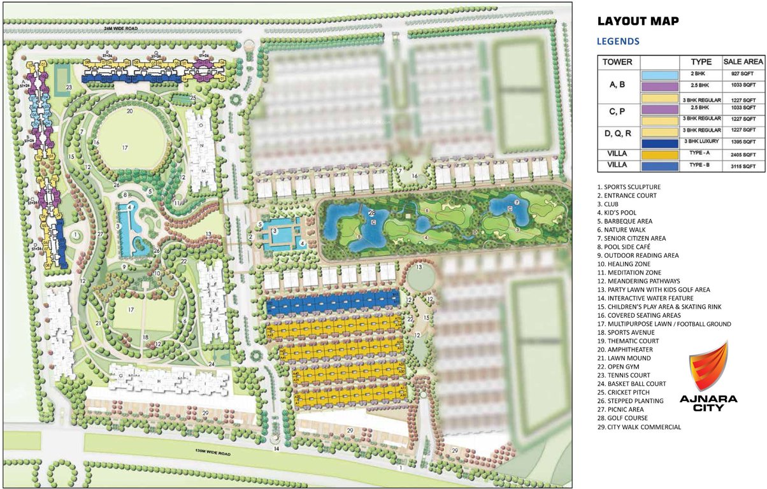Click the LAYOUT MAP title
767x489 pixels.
coord(638,21)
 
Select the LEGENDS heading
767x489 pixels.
coord(618,41)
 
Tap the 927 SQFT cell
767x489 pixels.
coord(743,74)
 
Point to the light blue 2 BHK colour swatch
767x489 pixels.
coord(660,74)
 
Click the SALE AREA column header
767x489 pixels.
coord(743,62)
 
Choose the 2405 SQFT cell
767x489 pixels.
coord(743,154)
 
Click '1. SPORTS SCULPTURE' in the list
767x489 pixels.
coord(629,187)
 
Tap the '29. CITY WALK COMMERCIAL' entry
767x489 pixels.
coord(639,427)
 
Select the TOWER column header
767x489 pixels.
coord(617,62)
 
